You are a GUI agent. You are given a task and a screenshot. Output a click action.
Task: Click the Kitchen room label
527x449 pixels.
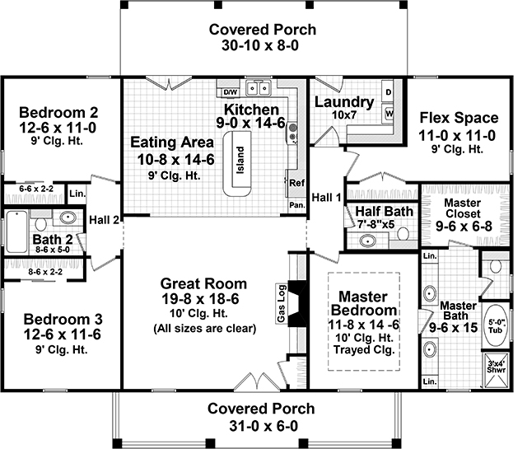251,110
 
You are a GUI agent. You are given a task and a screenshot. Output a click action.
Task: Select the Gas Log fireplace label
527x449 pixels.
282,303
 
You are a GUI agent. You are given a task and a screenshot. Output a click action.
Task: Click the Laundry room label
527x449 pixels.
344,102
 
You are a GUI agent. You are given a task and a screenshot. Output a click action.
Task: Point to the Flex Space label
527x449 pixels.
458,117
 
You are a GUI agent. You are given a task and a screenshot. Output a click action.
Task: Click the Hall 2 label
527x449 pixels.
107,219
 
